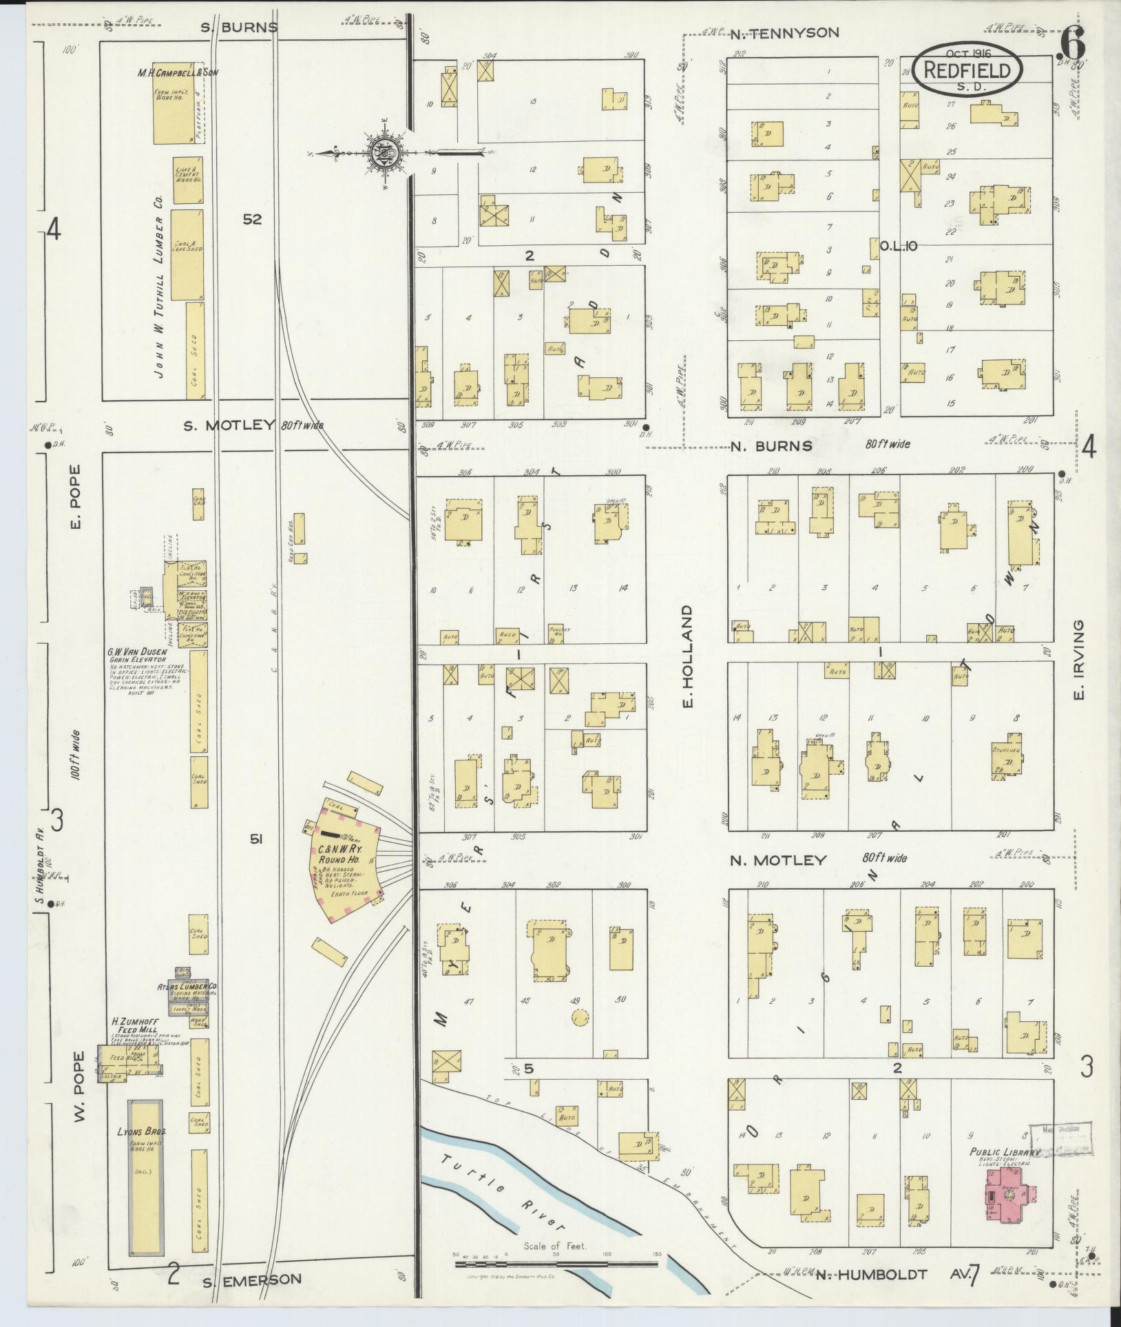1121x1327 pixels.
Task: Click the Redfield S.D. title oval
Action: (967, 70)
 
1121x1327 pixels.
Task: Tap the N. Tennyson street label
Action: (795, 33)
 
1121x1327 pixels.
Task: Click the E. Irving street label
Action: (1079, 658)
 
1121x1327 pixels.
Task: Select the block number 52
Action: (252, 219)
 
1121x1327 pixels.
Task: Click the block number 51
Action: (255, 839)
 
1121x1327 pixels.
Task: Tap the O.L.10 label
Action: (899, 246)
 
